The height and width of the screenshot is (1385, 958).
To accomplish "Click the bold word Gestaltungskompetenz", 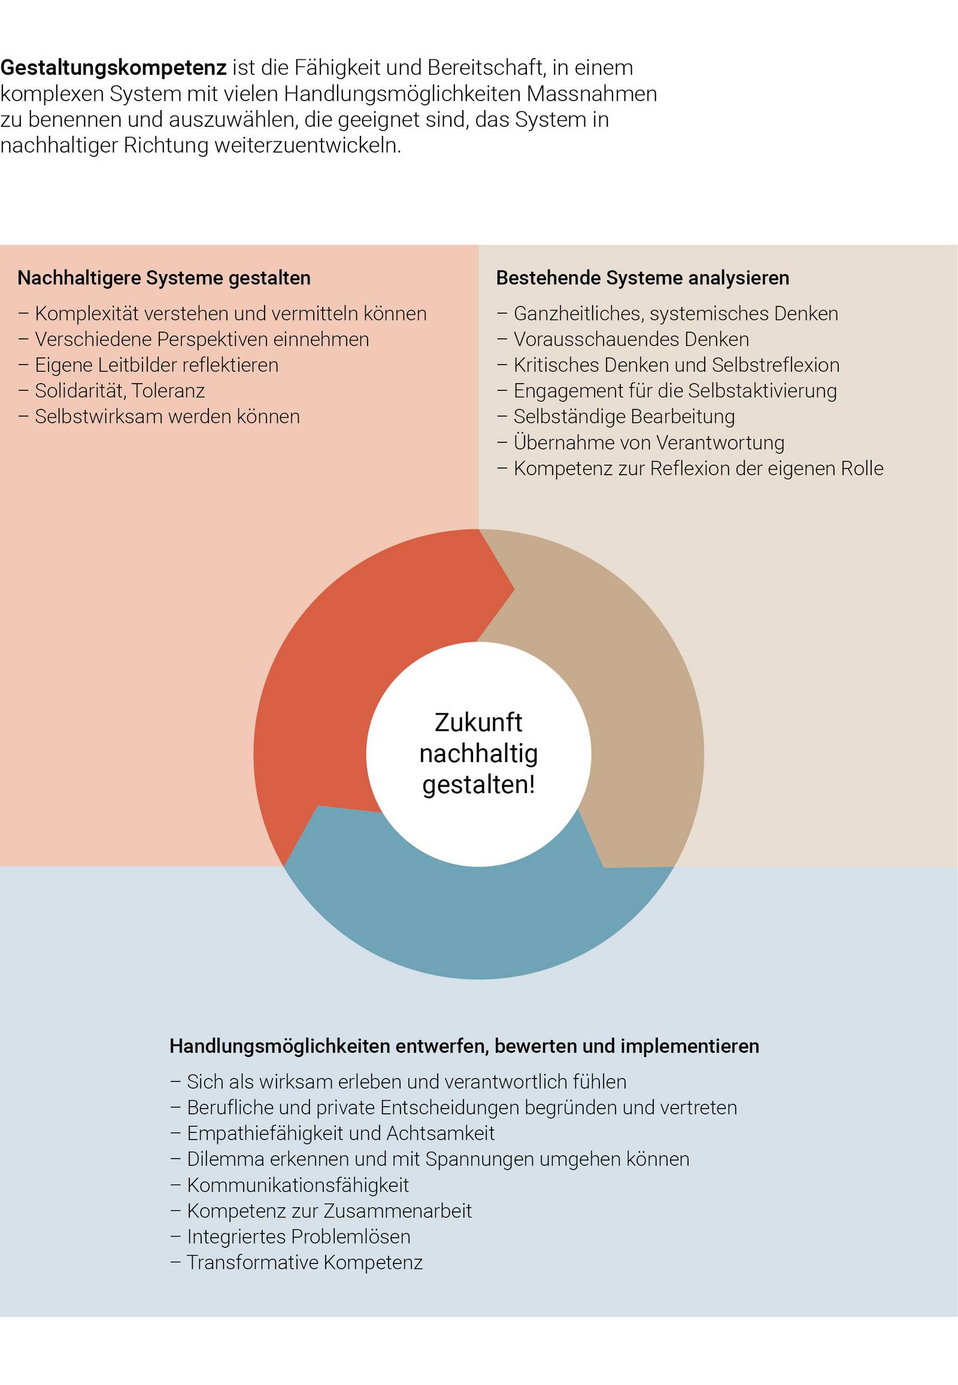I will [x=113, y=68].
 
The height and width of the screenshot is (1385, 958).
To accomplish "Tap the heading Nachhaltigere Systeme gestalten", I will [x=164, y=278].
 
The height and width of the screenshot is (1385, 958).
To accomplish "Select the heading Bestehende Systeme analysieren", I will [x=642, y=278].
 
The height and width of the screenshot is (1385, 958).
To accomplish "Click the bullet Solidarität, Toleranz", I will [x=119, y=391].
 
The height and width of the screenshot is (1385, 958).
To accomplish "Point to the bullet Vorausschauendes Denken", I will [x=631, y=339].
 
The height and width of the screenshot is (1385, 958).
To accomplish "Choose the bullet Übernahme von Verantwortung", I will [x=648, y=443].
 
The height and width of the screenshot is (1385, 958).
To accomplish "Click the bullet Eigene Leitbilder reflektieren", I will [x=156, y=366].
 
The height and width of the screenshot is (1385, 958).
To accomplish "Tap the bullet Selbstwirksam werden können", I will [x=167, y=417].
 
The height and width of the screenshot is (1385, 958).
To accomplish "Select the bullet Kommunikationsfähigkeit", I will [x=298, y=1185].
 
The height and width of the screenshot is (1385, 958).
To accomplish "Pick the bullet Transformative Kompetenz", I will [x=304, y=1262].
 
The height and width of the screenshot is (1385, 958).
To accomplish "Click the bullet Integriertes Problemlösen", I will [x=298, y=1237].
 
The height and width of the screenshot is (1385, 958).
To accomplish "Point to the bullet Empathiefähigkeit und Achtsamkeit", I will [x=340, y=1134].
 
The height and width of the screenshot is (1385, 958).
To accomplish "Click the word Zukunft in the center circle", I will [x=478, y=723].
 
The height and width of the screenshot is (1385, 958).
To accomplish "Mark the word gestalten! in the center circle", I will [x=478, y=785].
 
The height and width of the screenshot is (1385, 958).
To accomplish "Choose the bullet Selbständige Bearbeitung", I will [x=624, y=417].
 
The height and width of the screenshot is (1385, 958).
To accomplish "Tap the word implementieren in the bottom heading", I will [x=690, y=1046].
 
